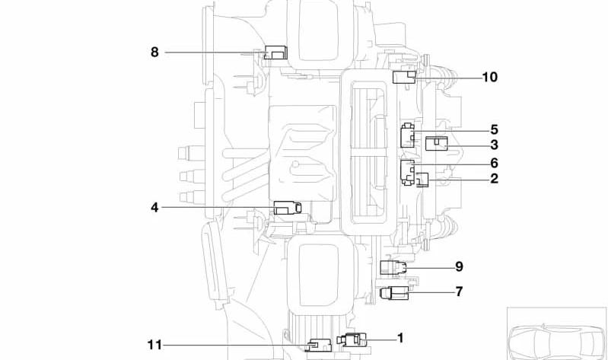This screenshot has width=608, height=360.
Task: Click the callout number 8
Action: pyautogui.click(x=154, y=52)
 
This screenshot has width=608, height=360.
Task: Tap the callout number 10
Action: pyautogui.click(x=490, y=77)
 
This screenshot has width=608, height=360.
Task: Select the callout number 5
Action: pyautogui.click(x=494, y=129)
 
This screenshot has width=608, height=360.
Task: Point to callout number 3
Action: pyautogui.click(x=494, y=145)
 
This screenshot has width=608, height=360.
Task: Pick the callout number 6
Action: pyautogui.click(x=494, y=163)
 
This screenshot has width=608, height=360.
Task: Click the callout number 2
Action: pyautogui.click(x=494, y=179)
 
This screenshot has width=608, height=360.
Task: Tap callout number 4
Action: pyautogui.click(x=154, y=208)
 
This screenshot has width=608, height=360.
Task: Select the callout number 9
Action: pyautogui.click(x=459, y=267)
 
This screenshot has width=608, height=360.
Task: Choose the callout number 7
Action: pyautogui.click(x=459, y=292)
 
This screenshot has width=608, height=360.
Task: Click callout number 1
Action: pyautogui.click(x=400, y=338)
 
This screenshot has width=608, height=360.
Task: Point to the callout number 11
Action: pyautogui.click(x=154, y=345)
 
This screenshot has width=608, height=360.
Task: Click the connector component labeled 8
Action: pyautogui.click(x=275, y=53)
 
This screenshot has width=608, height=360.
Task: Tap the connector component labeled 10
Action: pyautogui.click(x=404, y=77)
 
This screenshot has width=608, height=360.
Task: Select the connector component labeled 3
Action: pyautogui.click(x=437, y=144)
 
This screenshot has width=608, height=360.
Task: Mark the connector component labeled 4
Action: pyautogui.click(x=288, y=208)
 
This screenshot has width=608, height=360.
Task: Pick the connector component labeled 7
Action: pyautogui.click(x=394, y=292)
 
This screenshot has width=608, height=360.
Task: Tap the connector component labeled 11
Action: pyautogui.click(x=320, y=345)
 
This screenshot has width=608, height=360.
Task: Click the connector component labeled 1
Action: pyautogui.click(x=352, y=339)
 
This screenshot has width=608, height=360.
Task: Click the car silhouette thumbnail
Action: pyautogui.click(x=556, y=333)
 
